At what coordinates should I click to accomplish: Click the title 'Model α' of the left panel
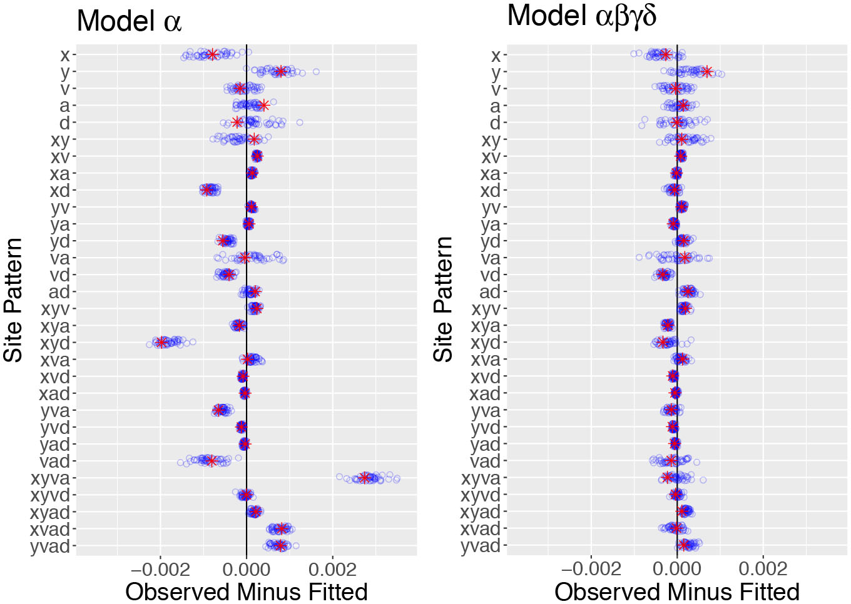pos(129,21)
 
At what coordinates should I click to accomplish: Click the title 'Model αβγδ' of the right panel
pos(581,16)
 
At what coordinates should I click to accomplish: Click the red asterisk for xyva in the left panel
pos(365,478)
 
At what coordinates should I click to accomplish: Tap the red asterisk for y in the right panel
pos(707,71)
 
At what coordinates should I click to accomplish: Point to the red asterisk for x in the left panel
pos(213,54)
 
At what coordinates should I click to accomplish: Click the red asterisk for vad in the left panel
pos(211,461)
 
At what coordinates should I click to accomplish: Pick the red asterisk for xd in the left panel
pos(208,189)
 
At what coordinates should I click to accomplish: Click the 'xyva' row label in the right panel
pos(481,478)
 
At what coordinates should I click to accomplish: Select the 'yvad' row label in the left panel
pos(50,546)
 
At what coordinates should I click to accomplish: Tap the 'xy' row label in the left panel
pos(60,139)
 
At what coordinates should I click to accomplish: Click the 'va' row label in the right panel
pos(490,258)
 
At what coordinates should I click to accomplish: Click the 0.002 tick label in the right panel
pos(763,569)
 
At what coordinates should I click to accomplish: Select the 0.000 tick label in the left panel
pos(247,569)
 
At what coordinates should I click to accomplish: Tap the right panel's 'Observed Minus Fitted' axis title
pos(677,591)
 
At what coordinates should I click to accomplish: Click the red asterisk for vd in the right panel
pos(663,274)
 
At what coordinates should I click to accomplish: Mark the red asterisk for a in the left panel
pos(263,105)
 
